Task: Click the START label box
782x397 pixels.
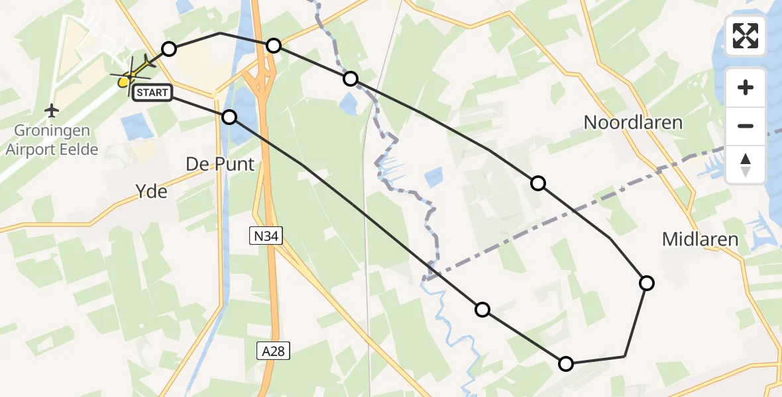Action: [x=152, y=93]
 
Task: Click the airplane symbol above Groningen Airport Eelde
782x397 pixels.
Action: [x=51, y=110]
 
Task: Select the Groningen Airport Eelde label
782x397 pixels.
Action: [x=52, y=140]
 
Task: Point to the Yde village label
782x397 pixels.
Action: [x=151, y=192]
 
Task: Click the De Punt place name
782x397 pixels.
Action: [x=220, y=164]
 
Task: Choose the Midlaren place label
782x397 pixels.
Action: [x=700, y=240]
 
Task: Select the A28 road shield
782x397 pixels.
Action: [x=273, y=351]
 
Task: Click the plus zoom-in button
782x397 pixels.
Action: [x=746, y=87]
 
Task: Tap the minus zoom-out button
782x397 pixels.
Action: [x=746, y=126]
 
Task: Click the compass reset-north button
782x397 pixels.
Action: [x=746, y=165]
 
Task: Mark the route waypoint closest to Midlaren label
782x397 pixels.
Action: [x=646, y=283]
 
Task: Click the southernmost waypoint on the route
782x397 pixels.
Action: [x=565, y=363]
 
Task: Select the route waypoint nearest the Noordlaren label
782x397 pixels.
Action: [x=538, y=183]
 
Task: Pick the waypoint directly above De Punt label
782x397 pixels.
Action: [x=229, y=117]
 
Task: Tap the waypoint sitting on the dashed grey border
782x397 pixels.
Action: [x=350, y=79]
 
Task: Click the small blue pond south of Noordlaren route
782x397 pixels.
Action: [x=433, y=177]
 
